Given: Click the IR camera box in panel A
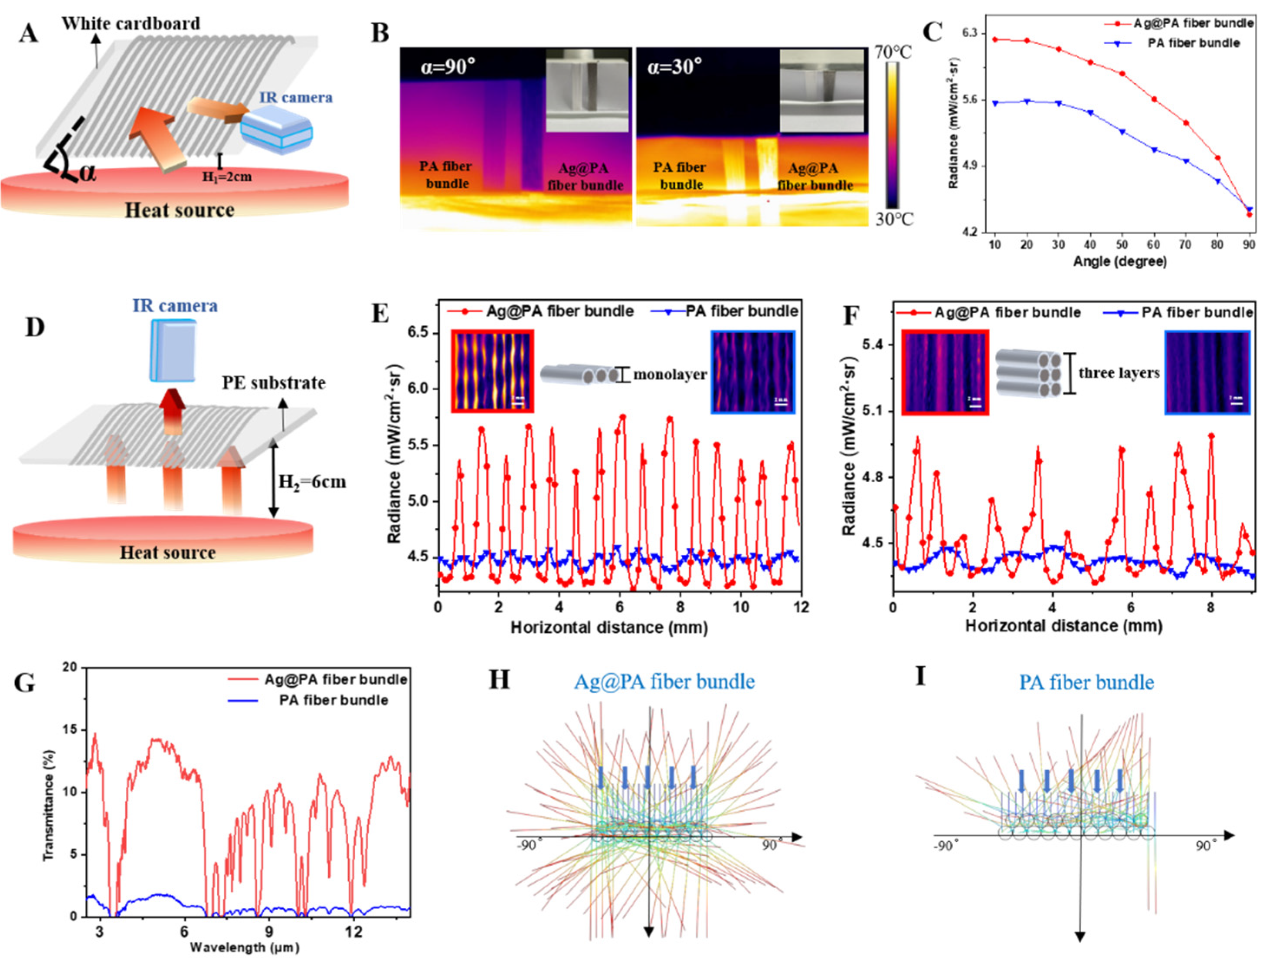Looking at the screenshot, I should point(276,131).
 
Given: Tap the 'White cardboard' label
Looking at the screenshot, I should point(131,23).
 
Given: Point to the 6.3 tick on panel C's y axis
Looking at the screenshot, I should point(969,33).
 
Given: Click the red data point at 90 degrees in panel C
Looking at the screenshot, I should point(1249,214).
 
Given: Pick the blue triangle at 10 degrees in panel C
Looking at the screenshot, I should point(995,103).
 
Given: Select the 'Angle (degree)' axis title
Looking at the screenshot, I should point(1119,262).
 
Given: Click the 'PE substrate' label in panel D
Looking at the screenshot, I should point(274,383).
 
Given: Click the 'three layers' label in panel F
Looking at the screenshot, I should point(1119,373).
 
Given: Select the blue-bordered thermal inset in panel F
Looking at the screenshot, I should point(1207,372).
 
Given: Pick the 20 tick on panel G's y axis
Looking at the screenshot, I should point(69,668).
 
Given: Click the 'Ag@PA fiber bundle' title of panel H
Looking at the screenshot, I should point(664,681).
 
